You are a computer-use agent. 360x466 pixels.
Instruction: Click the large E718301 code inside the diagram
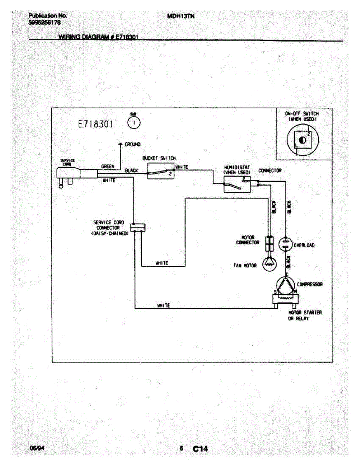pyautogui.click(x=96, y=124)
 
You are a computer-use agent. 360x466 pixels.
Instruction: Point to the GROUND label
pyautogui.click(x=132, y=144)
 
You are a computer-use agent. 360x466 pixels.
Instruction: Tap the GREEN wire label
pyautogui.click(x=108, y=166)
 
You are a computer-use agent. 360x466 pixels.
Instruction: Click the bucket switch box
pyautogui.click(x=161, y=171)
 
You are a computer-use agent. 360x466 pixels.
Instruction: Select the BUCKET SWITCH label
pyautogui.click(x=159, y=158)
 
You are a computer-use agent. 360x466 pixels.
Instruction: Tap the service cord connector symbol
pyautogui.click(x=137, y=227)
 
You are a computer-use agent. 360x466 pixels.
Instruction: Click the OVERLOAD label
pyautogui.click(x=304, y=245)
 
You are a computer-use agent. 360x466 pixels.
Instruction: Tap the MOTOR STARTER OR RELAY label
pyautogui.click(x=304, y=315)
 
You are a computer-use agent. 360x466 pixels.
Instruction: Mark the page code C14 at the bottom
pyautogui.click(x=200, y=449)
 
